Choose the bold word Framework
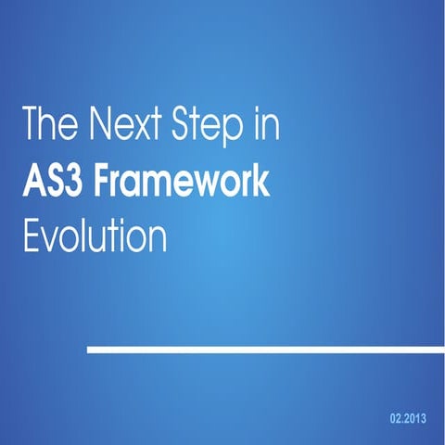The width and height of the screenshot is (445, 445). (x=182, y=179)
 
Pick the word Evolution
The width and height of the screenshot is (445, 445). (x=94, y=235)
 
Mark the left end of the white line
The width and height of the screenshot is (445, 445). (x=89, y=350)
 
